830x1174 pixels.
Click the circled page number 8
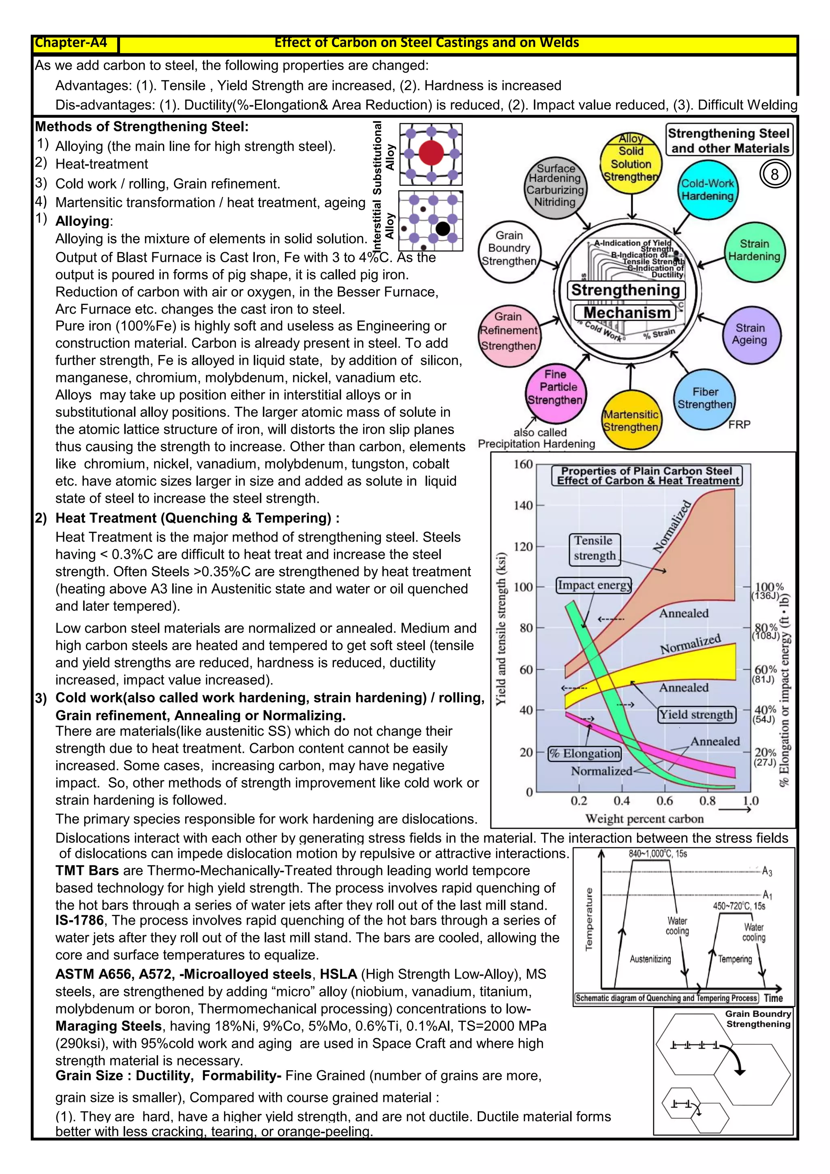pos(774,174)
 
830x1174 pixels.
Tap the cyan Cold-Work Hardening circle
pos(707,190)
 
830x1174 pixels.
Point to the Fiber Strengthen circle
pos(705,398)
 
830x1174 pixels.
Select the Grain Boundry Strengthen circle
pos(509,249)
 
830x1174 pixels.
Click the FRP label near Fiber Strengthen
pos(739,424)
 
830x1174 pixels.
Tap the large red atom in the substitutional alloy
pos(431,152)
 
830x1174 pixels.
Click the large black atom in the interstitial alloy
pos(443,229)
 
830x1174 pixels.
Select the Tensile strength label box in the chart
pos(594,548)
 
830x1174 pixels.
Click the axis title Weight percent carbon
pos(644,818)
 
